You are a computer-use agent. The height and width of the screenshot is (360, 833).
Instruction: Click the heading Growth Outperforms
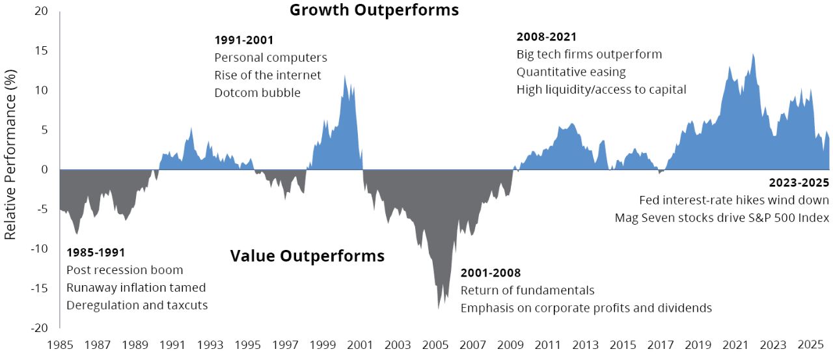(x=374, y=10)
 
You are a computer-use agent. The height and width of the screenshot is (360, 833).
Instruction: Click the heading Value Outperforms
(x=307, y=256)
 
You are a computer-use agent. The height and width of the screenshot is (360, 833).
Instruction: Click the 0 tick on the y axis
(x=44, y=170)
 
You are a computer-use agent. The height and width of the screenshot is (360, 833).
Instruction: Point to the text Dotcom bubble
(x=257, y=93)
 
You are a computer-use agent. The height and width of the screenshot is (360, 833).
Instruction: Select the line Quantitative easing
(x=571, y=72)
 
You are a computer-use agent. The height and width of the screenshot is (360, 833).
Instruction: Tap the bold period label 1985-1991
(x=95, y=253)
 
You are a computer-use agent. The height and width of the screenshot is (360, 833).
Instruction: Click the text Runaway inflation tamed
(x=136, y=288)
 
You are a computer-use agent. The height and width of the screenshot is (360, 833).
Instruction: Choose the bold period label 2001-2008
(x=490, y=273)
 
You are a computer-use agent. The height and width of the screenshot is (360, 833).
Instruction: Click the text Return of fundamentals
(x=527, y=290)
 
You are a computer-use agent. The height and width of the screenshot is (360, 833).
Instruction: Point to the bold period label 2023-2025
(x=799, y=183)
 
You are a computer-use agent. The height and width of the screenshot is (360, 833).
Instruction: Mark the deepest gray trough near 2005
(x=439, y=307)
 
